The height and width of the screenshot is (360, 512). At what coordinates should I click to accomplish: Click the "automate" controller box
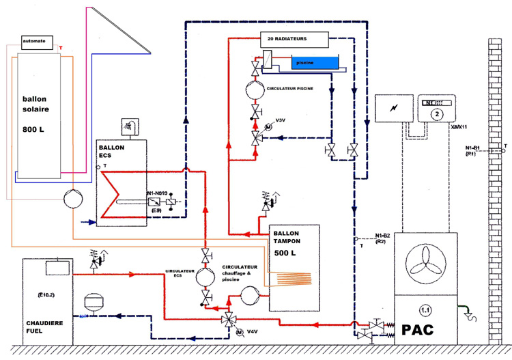[x=33, y=41]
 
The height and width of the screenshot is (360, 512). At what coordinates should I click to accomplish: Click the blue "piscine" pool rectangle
[x=315, y=63]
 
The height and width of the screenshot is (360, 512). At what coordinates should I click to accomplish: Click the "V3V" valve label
[x=280, y=120]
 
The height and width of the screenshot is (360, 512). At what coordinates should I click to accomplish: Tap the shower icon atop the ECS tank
[x=128, y=126]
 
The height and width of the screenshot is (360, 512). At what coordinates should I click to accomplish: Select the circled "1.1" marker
[x=425, y=308]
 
